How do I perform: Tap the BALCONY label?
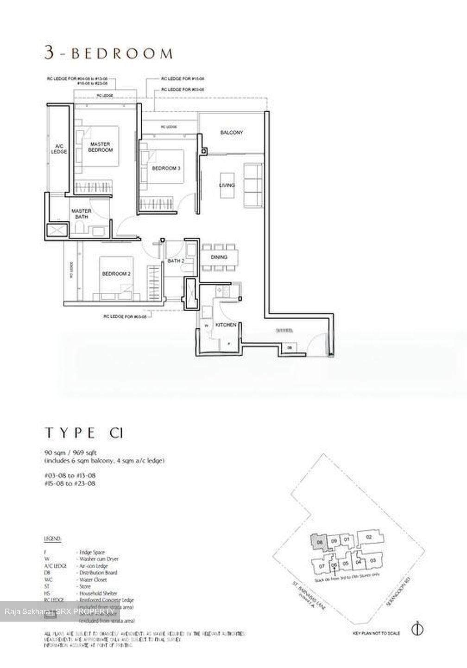(232, 133)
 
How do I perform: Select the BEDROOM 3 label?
(166, 168)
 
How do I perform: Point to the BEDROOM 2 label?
(116, 274)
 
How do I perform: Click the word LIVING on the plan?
(227, 186)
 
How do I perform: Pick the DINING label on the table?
(219, 257)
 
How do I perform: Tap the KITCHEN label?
(226, 325)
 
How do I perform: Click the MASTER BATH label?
(81, 213)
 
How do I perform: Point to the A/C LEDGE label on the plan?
(59, 148)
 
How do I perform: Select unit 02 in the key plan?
(369, 537)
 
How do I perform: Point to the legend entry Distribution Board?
(97, 572)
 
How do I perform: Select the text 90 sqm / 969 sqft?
(71, 452)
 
